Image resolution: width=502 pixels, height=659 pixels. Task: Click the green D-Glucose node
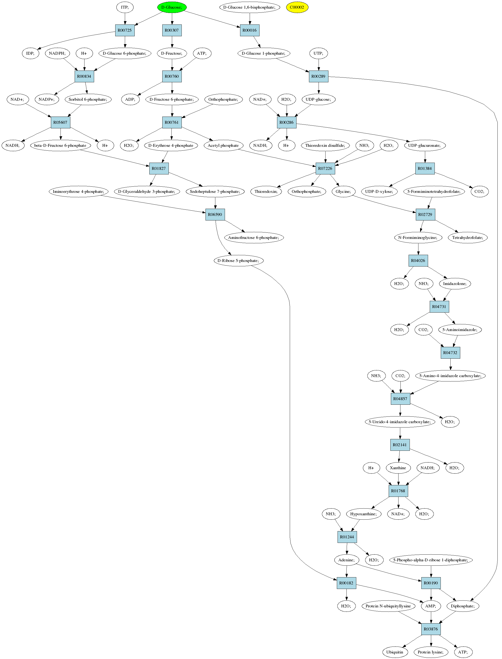pyautogui.click(x=172, y=7)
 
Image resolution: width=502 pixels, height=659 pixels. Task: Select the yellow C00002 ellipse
pyautogui.click(x=297, y=7)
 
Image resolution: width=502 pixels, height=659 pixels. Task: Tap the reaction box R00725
pyautogui.click(x=125, y=30)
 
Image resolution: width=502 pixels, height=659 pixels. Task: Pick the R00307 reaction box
pyautogui.click(x=172, y=30)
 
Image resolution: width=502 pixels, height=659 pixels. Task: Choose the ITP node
pyautogui.click(x=125, y=7)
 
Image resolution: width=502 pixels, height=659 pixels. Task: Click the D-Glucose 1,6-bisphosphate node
pyautogui.click(x=249, y=7)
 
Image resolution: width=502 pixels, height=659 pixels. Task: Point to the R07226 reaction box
pyautogui.click(x=325, y=168)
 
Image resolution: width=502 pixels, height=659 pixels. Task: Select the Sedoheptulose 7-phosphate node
pyautogui.click(x=215, y=191)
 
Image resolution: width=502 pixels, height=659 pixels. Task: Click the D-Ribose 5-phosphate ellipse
pyautogui.click(x=238, y=261)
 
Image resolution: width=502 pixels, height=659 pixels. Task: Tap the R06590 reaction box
pyautogui.click(x=215, y=214)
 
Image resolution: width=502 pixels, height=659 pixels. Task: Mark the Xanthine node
pyautogui.click(x=398, y=468)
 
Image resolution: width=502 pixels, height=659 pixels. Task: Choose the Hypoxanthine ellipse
pyautogui.click(x=364, y=514)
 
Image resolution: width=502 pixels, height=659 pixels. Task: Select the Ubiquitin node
pyautogui.click(x=395, y=652)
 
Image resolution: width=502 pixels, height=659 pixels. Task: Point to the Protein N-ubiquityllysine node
pyautogui.click(x=388, y=606)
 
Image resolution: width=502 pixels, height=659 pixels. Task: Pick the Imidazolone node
pyautogui.click(x=455, y=284)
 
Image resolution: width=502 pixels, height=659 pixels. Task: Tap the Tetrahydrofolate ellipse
pyautogui.click(x=468, y=238)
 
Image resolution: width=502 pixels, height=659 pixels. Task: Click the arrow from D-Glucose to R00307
pyautogui.click(x=172, y=18)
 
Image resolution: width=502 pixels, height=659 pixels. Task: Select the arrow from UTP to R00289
pyautogui.click(x=319, y=65)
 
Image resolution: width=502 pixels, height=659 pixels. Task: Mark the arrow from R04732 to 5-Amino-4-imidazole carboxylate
pyautogui.click(x=451, y=364)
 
